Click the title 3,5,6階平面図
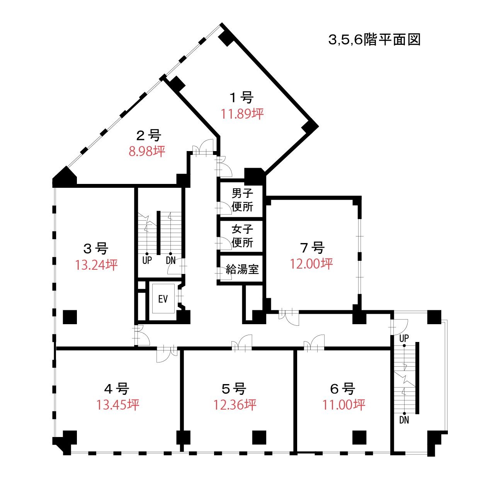click(x=374, y=40)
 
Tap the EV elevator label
click(x=163, y=299)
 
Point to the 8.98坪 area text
click(x=147, y=151)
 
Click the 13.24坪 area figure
click(x=96, y=265)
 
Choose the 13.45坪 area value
click(x=118, y=405)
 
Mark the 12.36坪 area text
click(x=235, y=405)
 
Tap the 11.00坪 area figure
click(x=344, y=405)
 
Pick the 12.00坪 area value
click(x=311, y=264)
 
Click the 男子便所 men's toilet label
click(x=242, y=200)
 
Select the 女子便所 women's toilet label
click(x=242, y=236)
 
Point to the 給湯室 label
click(x=242, y=269)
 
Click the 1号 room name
click(x=242, y=97)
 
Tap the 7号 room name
click(x=312, y=247)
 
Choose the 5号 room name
click(x=234, y=388)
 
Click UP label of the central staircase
click(x=147, y=260)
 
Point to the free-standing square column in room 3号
click(x=70, y=317)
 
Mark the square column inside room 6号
click(x=359, y=437)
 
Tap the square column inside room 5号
click(x=259, y=437)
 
